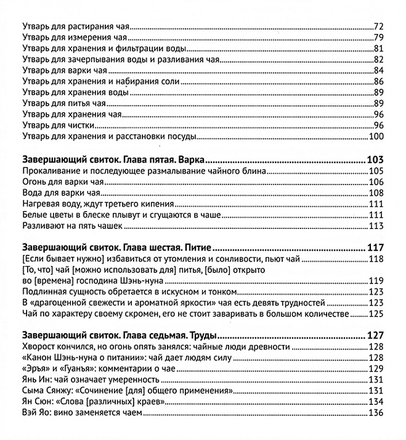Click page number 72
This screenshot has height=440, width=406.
coord(379,27)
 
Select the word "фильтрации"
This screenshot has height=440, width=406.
coord(145,49)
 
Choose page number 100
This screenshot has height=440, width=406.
coord(376,137)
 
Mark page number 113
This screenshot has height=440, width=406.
coord(376,226)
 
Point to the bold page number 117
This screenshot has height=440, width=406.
coord(375,248)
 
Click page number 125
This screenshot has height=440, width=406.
coord(376,315)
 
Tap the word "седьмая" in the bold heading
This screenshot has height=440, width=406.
coord(148,336)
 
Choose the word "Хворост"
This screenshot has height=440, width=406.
coord(39,347)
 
